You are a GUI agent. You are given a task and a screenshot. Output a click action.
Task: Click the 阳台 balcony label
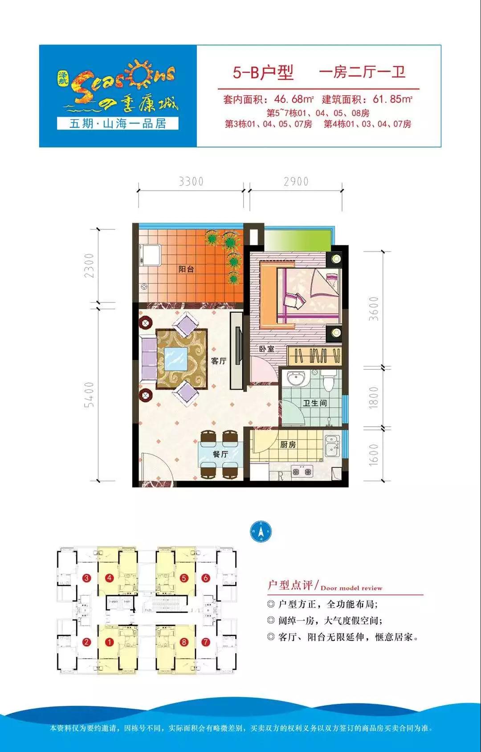pyautogui.click(x=186, y=269)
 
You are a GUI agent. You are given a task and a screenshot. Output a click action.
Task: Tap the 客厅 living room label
pyautogui.click(x=219, y=361)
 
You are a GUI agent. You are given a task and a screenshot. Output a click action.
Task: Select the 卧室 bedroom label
pyautogui.click(x=267, y=349)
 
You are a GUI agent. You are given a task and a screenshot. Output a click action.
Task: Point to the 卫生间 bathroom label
pyautogui.click(x=315, y=403)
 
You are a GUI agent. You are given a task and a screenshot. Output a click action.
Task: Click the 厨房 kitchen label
pyautogui.click(x=288, y=445)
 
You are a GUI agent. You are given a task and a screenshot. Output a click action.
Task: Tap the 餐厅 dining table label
pyautogui.click(x=220, y=454)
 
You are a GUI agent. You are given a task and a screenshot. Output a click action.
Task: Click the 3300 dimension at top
pyautogui.click(x=191, y=182)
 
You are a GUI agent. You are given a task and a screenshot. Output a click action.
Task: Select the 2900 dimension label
pyautogui.click(x=296, y=182)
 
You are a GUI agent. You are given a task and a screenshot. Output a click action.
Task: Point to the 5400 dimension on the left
pyautogui.click(x=90, y=394)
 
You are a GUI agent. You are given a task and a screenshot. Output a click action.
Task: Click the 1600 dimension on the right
pyautogui.click(x=374, y=455)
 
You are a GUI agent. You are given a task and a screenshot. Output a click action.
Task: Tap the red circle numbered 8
pyautogui.click(x=184, y=642)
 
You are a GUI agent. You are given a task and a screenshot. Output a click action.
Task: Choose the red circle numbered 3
pyautogui.click(x=87, y=578)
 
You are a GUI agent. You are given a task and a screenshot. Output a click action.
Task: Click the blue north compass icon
pyautogui.click(x=261, y=531)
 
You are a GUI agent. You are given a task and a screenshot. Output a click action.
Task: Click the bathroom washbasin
pyautogui.click(x=295, y=379)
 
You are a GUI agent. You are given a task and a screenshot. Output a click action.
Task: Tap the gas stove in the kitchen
pyautogui.click(x=302, y=471)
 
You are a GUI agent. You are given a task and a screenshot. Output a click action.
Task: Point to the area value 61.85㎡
pyautogui.click(x=392, y=99)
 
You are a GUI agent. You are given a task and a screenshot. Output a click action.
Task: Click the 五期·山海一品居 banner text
pyautogui.click(x=118, y=123)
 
